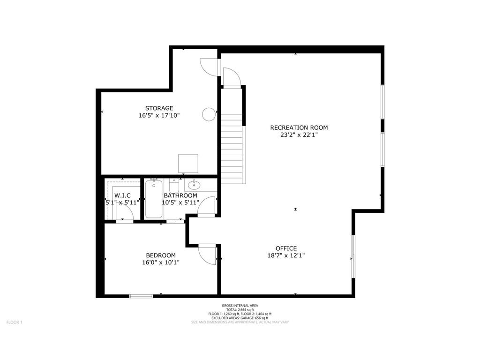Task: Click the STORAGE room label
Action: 159,108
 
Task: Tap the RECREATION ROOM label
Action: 299,127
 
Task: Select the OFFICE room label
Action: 286,248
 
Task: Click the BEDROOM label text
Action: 161,255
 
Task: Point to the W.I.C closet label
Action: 122,195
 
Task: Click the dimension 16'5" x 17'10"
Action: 159,115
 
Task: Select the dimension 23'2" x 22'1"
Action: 299,135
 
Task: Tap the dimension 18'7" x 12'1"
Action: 286,255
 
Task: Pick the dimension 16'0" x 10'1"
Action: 161,262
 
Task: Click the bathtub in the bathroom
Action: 154,200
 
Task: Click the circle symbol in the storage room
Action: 209,113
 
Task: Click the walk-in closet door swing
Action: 125,212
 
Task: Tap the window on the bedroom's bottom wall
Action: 141,296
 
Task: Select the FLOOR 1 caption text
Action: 14,322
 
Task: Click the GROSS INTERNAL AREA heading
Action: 240,305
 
